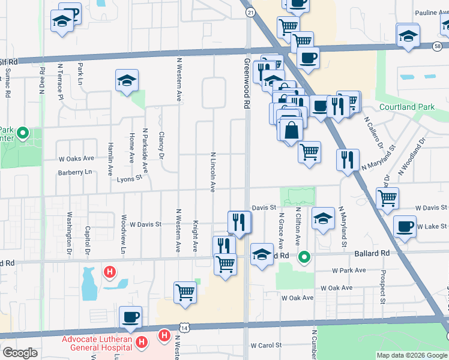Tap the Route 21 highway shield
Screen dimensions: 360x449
(x=250, y=13)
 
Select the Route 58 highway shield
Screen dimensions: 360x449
(x=439, y=45)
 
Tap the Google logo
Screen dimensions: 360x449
(x=20, y=353)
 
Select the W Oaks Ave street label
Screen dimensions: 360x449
(x=76, y=158)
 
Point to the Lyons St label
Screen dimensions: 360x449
(x=129, y=178)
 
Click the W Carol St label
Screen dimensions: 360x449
(x=266, y=345)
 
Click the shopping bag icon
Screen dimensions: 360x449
(x=291, y=129)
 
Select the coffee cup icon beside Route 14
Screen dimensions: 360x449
(x=130, y=317)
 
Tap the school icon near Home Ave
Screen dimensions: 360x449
(x=127, y=80)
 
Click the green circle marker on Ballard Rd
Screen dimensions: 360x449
(x=304, y=257)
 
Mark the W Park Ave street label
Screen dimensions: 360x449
(x=351, y=271)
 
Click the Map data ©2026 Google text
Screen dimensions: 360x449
(x=411, y=355)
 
